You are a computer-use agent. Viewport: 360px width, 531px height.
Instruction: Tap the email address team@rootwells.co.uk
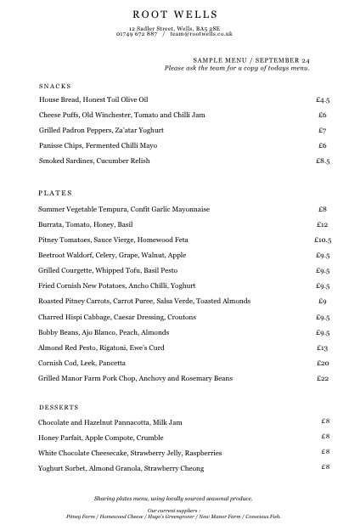click(201, 34)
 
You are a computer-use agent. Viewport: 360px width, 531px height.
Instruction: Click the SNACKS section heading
click(55, 87)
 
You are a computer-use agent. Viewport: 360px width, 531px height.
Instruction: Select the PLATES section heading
click(56, 193)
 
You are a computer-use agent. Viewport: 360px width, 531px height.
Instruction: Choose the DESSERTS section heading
click(59, 407)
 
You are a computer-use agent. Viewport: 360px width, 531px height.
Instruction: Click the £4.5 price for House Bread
click(323, 100)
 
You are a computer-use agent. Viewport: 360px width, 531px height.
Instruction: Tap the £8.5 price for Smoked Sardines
click(323, 161)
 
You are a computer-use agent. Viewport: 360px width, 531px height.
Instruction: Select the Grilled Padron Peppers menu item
click(101, 131)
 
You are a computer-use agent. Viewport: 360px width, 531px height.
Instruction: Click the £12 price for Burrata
click(323, 224)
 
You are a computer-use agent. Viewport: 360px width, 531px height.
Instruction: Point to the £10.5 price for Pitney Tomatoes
click(323, 240)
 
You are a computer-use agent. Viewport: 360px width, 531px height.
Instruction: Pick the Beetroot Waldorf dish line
click(112, 255)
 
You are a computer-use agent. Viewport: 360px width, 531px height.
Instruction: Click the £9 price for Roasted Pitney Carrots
click(323, 302)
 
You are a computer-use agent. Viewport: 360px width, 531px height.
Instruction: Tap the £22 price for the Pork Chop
click(323, 379)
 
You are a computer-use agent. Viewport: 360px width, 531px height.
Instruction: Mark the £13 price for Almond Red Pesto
click(323, 348)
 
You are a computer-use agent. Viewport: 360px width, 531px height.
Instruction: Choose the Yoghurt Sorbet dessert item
click(121, 468)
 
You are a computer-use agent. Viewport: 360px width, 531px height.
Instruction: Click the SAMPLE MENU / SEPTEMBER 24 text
click(251, 61)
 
